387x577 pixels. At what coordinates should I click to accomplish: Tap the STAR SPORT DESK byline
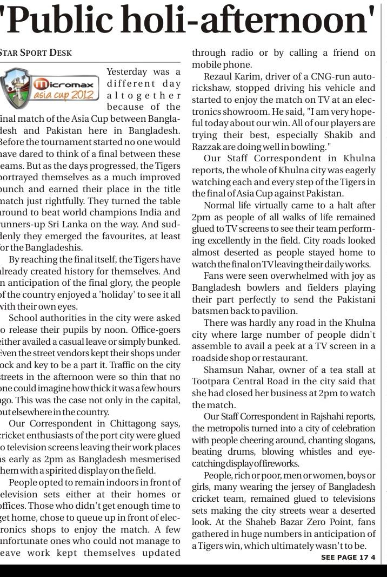[x=35, y=53]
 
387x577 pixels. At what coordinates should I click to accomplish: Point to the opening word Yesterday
[x=126, y=71]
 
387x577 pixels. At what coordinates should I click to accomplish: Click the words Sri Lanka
[x=71, y=225]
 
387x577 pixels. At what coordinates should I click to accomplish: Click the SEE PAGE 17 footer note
[x=344, y=558]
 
